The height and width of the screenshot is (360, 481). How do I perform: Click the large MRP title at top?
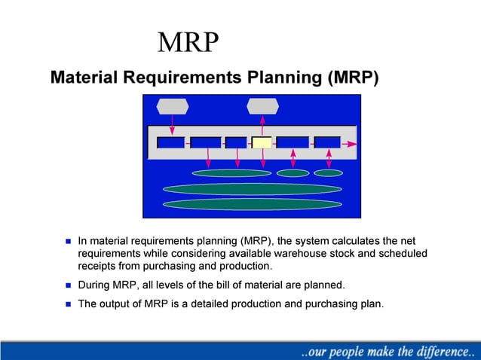(188, 43)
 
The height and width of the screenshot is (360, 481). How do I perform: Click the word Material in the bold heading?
(84, 78)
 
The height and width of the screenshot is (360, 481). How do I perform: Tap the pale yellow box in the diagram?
(262, 142)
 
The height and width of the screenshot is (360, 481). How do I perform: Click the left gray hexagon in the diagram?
(172, 106)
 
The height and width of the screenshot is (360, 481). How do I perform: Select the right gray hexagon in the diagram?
(262, 106)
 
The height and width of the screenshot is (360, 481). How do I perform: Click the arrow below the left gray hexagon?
(173, 124)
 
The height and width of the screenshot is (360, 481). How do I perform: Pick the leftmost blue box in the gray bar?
(170, 142)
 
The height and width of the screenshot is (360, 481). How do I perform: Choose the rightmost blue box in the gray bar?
(327, 142)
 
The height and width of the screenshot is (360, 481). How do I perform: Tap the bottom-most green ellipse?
(253, 204)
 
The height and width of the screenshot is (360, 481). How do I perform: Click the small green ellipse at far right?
(329, 173)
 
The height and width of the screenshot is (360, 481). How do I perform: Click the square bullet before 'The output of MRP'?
(67, 305)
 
